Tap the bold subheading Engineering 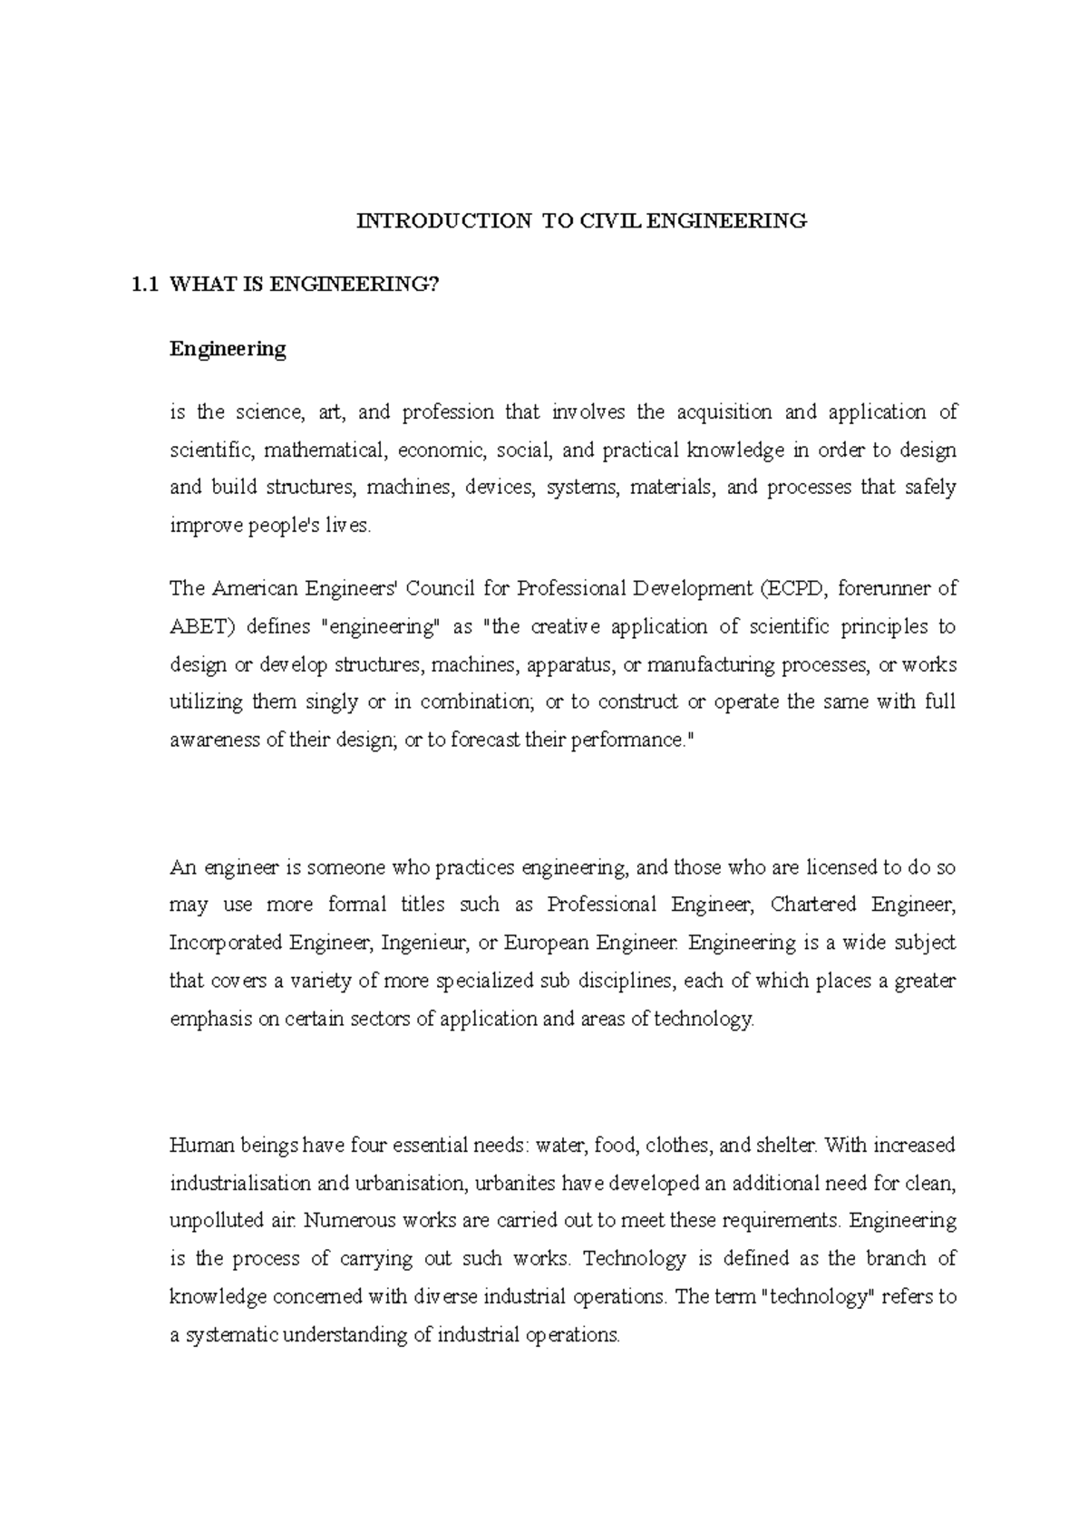tap(228, 349)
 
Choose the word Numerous tap(348, 1221)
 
